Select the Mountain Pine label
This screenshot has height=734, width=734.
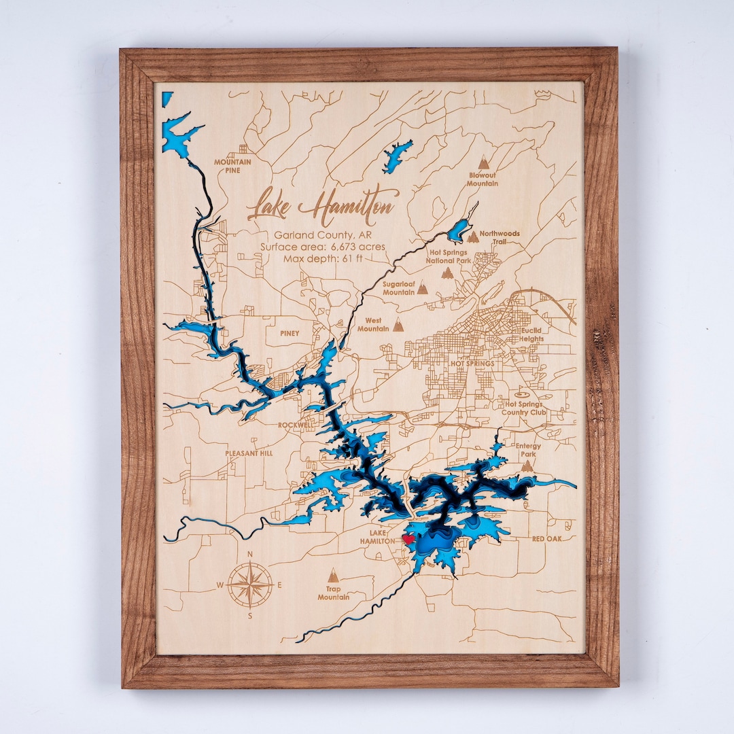[232, 166]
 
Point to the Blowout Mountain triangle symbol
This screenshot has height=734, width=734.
[483, 163]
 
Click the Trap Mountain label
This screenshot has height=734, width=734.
[333, 593]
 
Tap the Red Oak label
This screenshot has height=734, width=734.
[548, 538]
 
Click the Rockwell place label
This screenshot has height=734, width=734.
[296, 425]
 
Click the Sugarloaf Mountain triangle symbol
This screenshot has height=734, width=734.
[423, 288]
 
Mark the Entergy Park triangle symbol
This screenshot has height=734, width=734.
[527, 466]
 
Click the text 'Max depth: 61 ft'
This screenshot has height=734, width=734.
[322, 258]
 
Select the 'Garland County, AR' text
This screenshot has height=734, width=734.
[322, 234]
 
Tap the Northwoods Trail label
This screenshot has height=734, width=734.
[500, 237]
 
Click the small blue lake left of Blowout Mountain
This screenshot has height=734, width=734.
[397, 156]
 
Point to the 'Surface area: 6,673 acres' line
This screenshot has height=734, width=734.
[322, 246]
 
